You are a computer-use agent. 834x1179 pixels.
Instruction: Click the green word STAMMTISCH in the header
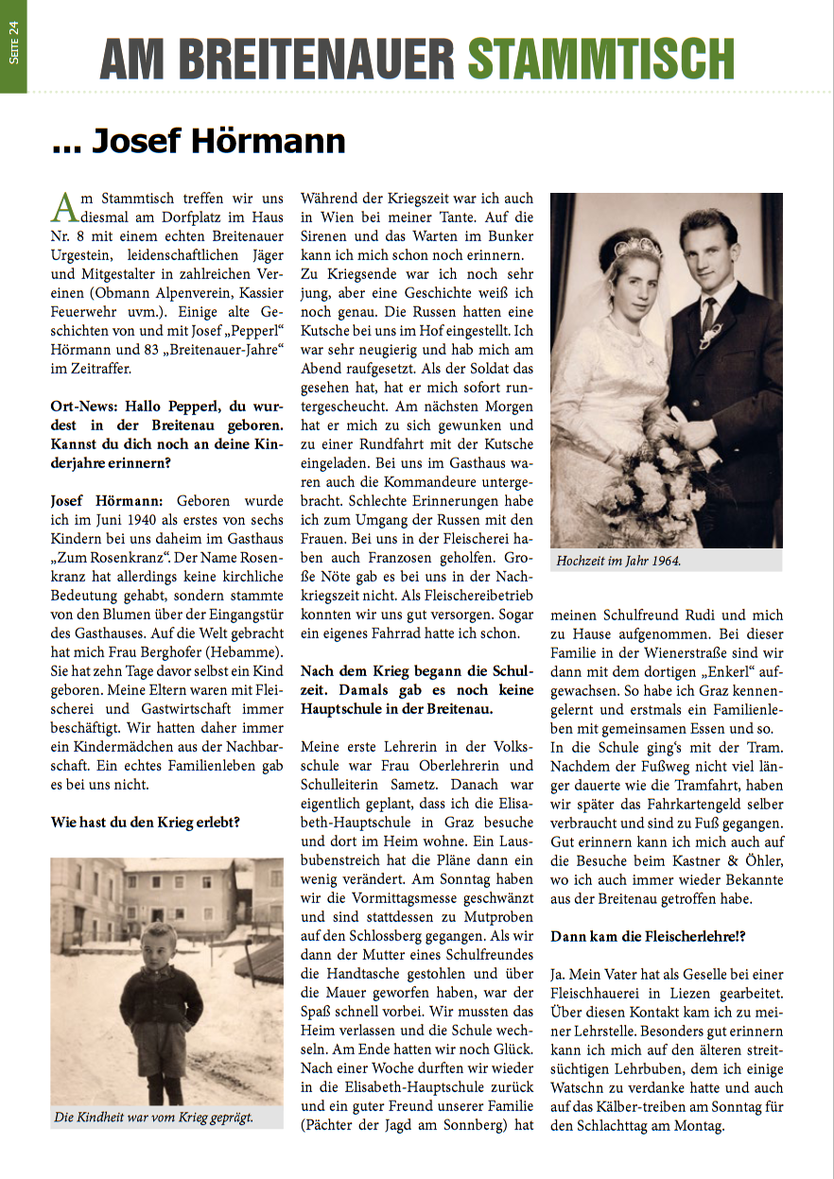[x=601, y=60]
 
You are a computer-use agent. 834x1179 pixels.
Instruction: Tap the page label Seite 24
[x=13, y=44]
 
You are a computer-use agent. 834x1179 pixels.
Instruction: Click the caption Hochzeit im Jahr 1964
[x=618, y=561]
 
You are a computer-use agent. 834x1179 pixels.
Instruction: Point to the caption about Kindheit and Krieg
[x=154, y=1118]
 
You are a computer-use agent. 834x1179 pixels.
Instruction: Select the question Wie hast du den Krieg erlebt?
[x=146, y=823]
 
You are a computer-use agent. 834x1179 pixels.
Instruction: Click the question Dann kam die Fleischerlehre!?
[x=649, y=936]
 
